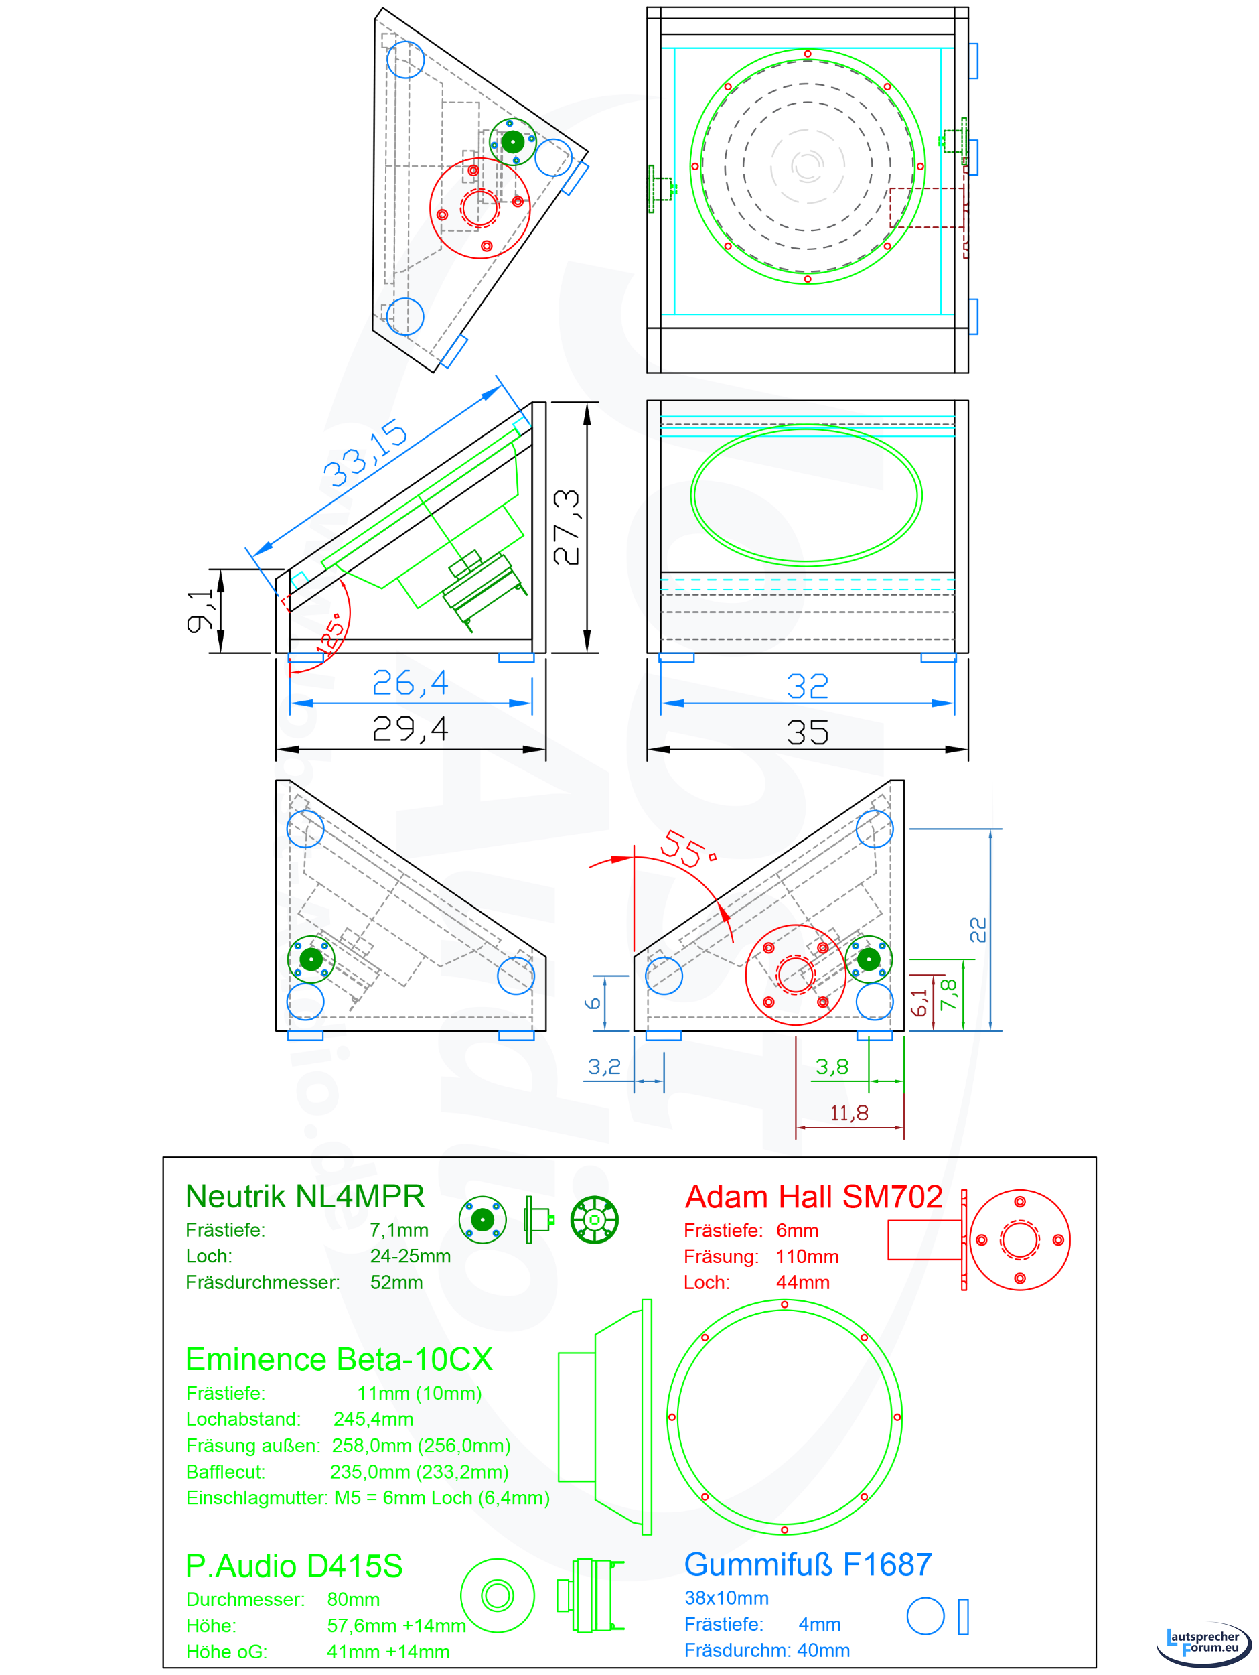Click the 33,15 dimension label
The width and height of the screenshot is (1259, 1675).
[366, 453]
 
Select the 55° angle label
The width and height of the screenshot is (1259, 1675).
[687, 849]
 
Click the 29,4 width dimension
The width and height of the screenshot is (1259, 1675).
[411, 729]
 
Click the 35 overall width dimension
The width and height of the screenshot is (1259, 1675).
[807, 732]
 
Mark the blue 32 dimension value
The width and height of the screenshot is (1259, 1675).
[807, 686]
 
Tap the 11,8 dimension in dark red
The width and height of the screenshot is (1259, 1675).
[848, 1112]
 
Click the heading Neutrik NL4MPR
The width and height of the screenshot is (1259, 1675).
[305, 1197]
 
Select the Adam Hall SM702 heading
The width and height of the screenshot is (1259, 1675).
[814, 1197]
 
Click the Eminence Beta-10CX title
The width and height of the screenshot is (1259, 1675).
[339, 1359]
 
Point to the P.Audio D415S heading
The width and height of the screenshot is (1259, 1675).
[294, 1566]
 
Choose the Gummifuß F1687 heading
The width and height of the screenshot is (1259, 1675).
[808, 1564]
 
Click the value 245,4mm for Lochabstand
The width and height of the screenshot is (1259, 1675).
[373, 1419]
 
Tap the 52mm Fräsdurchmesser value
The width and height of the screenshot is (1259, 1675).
[396, 1282]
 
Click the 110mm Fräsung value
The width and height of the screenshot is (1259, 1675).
[807, 1256]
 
